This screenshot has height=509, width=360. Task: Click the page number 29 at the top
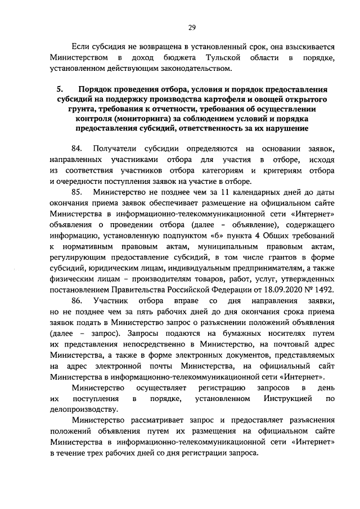(x=192, y=27)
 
